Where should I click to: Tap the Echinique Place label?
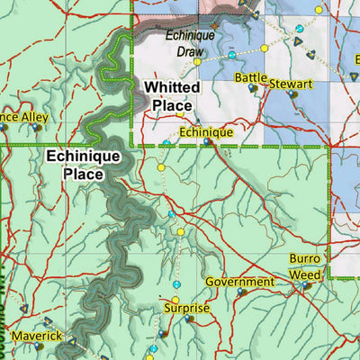click(x=78, y=166)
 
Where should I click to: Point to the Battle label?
click(x=251, y=78)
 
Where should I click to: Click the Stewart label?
click(x=291, y=84)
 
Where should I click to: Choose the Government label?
click(x=239, y=282)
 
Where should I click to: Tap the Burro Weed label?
click(x=304, y=266)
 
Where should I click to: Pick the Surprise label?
click(x=186, y=309)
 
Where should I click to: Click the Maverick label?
click(x=37, y=336)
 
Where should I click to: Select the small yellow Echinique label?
click(x=206, y=132)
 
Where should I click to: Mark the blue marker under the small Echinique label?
click(x=208, y=142)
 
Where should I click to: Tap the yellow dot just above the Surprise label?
click(x=175, y=300)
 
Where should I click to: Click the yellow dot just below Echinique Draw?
click(x=197, y=61)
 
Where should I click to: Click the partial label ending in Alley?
click(x=23, y=117)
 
